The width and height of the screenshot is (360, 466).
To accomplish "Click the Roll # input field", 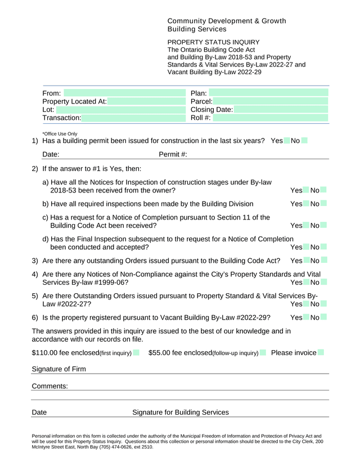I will click(x=270, y=118).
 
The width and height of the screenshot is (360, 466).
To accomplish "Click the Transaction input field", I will click(x=129, y=118).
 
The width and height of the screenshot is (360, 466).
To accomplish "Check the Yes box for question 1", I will click(x=287, y=141).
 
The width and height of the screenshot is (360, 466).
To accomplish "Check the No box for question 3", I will click(x=324, y=261).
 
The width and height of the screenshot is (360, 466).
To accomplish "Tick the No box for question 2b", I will click(x=324, y=203).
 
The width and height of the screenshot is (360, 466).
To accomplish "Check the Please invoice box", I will click(x=321, y=353).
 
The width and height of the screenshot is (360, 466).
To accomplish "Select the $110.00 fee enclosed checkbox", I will click(x=137, y=353).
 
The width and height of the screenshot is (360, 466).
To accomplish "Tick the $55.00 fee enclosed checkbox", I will click(x=263, y=353).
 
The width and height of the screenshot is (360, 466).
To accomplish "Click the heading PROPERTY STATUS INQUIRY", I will click(x=213, y=42).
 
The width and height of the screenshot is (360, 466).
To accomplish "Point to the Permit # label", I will click(x=173, y=154).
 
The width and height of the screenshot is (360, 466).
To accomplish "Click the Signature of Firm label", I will click(x=58, y=369).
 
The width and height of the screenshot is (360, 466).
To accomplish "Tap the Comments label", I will click(x=49, y=386).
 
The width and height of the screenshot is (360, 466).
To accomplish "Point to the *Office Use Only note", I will click(x=60, y=134).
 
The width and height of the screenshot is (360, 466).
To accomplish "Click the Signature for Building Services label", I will click(x=180, y=413).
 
